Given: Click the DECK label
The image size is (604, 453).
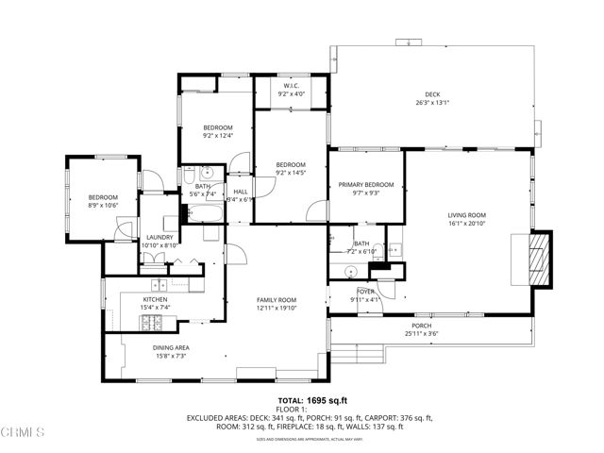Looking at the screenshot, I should (432, 94).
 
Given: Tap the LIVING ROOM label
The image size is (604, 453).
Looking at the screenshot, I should (465, 215).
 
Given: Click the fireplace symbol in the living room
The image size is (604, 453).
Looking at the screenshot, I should (536, 258).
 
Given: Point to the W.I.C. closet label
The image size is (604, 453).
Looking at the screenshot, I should (291, 87).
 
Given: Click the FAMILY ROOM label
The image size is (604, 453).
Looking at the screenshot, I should (277, 300).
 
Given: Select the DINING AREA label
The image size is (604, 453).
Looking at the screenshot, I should (171, 347).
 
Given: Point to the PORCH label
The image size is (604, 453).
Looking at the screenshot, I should (421, 327).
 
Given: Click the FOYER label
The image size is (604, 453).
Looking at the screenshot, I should (365, 293).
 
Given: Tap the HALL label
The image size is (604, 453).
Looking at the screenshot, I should (241, 193).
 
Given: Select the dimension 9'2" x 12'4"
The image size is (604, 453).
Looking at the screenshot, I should (217, 135).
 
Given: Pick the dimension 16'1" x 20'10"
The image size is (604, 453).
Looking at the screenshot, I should (465, 224).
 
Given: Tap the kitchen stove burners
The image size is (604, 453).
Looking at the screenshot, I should (152, 322).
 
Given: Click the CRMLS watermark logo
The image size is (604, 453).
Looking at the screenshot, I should (24, 434).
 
